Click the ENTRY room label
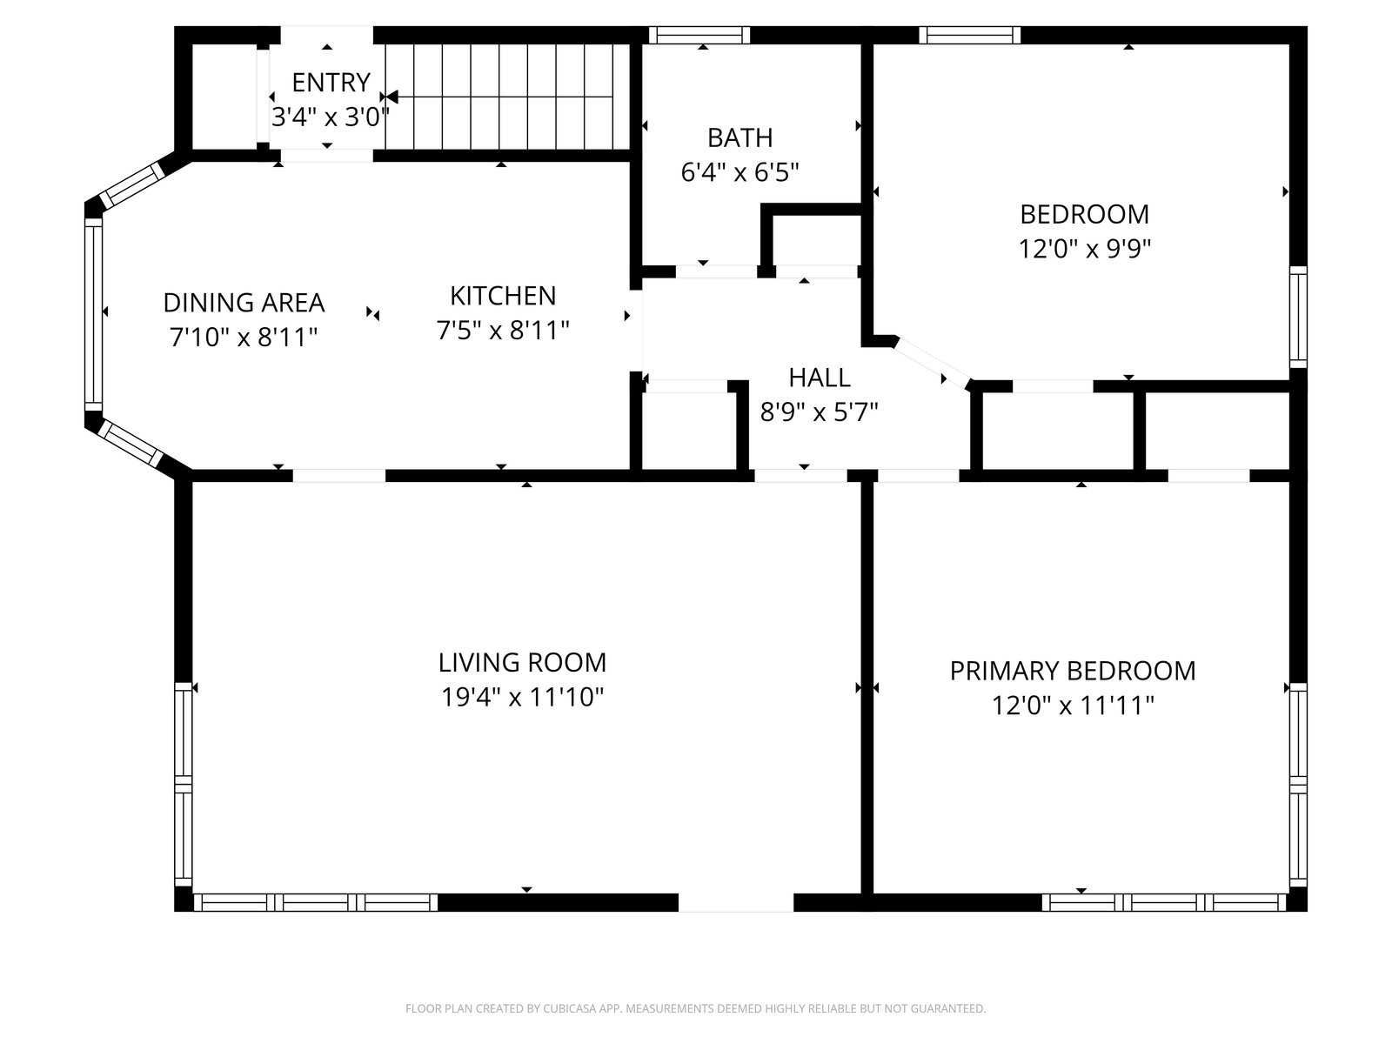tap(331, 83)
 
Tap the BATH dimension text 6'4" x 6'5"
tap(739, 171)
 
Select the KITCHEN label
tap(503, 296)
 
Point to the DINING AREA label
tap(244, 303)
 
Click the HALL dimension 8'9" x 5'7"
tap(819, 412)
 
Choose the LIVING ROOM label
tap(522, 662)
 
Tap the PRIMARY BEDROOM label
tap(1073, 671)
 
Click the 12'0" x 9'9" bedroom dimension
tap(1084, 249)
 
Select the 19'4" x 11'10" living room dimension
tap(522, 697)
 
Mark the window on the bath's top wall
tap(699, 35)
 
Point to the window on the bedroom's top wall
tap(970, 35)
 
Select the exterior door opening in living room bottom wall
tap(736, 903)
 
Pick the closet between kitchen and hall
tap(689, 431)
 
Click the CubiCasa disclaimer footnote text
tap(696, 1007)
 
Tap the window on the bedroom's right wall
tap(1298, 317)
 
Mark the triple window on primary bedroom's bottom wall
tap(1164, 903)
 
